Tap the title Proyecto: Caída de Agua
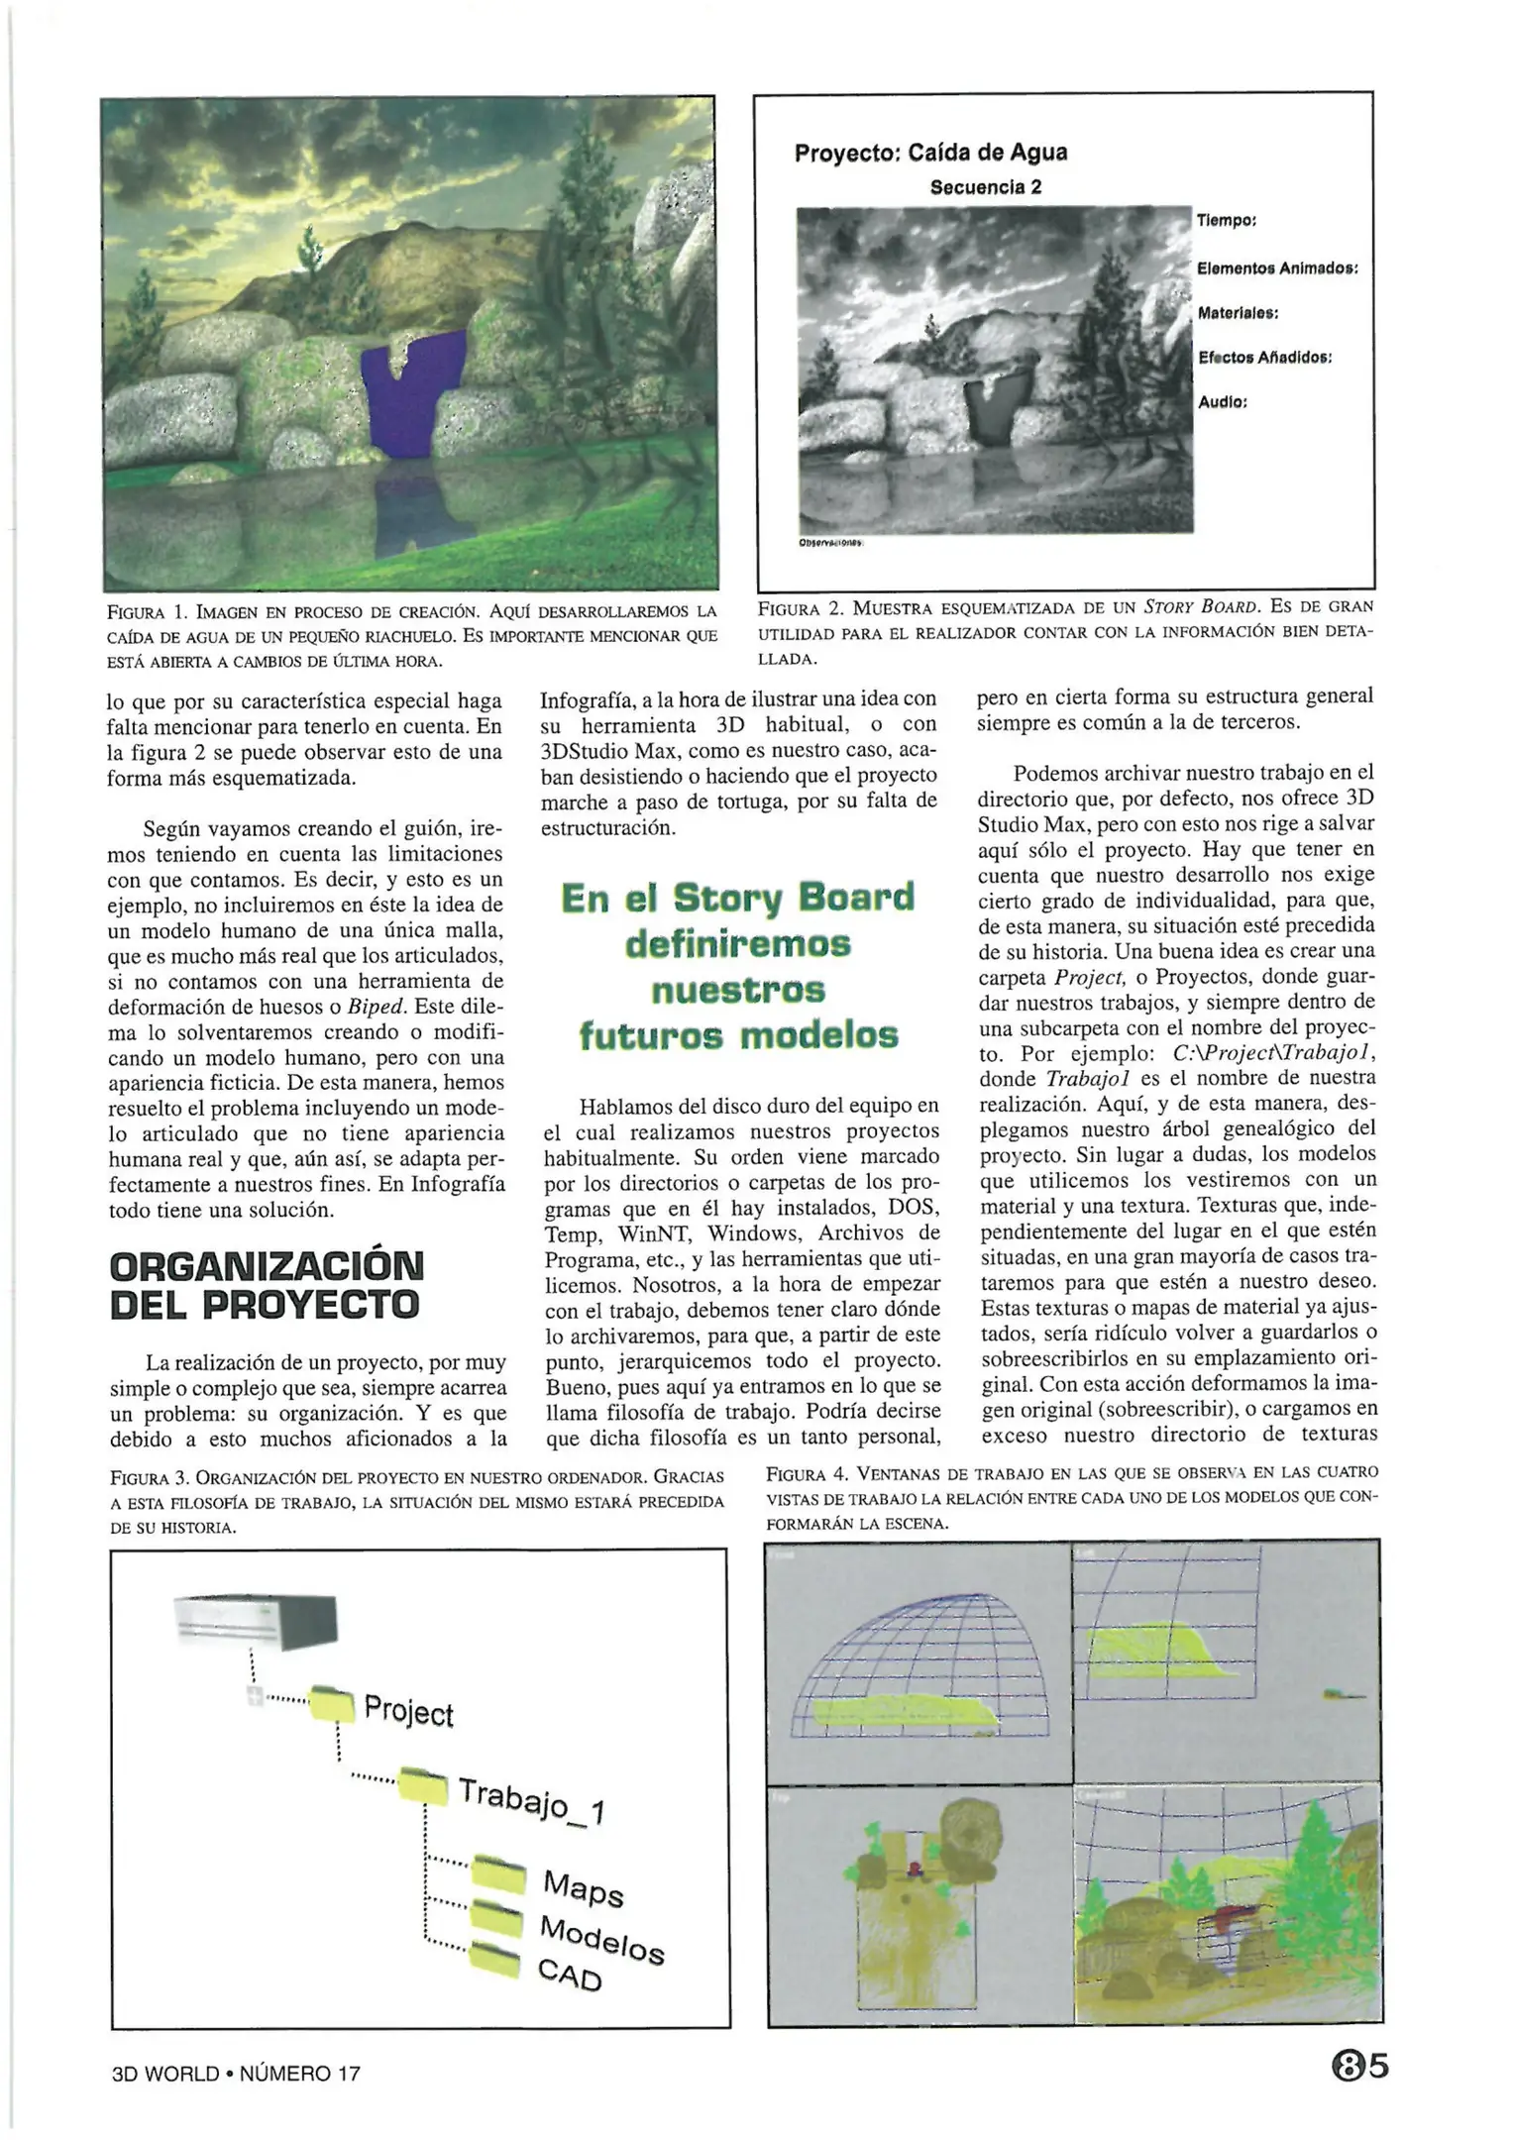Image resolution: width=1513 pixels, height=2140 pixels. click(930, 153)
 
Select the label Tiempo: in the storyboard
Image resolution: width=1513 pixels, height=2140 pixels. click(1226, 220)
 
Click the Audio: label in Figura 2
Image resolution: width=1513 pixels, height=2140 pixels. click(1222, 402)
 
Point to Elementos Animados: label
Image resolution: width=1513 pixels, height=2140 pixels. click(1276, 268)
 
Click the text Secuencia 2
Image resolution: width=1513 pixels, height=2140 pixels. click(985, 187)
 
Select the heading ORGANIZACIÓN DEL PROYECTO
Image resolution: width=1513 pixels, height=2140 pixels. click(266, 1285)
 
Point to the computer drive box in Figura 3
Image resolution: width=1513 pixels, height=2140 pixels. click(255, 1622)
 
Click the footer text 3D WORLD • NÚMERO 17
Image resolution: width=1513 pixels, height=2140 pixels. click(236, 2073)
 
